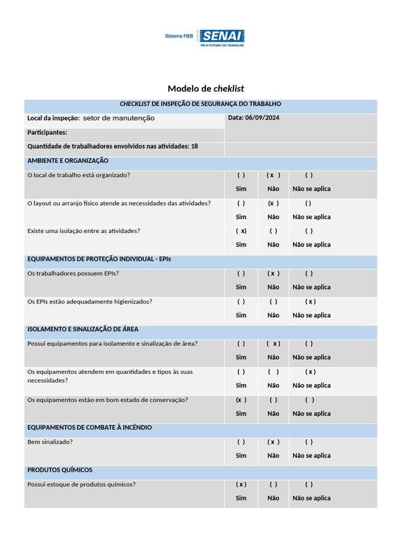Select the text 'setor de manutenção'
point(118,118)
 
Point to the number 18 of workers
point(194,146)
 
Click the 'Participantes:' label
point(47,132)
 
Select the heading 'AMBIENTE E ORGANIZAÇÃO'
point(68,161)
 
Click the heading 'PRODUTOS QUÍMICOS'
point(60,470)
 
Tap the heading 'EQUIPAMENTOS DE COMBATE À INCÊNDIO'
point(89,428)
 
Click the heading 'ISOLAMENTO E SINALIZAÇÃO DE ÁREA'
point(83,329)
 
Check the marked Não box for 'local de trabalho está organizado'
point(273,175)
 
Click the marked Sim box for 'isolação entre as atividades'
point(241,231)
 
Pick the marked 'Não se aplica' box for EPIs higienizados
point(310,302)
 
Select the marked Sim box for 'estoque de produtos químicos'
point(241,484)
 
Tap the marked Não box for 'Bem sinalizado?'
point(273,442)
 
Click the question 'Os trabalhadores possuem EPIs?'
point(73,273)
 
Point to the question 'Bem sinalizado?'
point(50,442)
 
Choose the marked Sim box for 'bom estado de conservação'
point(241,400)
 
